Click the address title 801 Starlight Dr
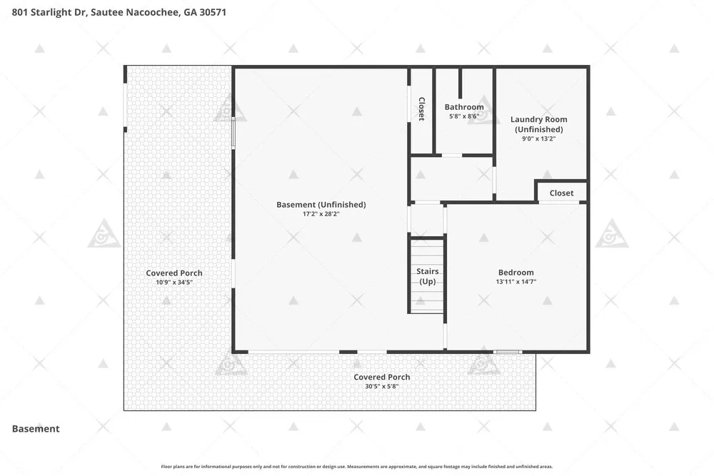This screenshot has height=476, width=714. [119, 12]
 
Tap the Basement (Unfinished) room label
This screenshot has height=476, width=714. [321, 205]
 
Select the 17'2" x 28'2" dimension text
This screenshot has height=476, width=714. [321, 214]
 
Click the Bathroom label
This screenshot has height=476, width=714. [464, 107]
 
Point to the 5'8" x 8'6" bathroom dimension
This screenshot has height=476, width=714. [464, 116]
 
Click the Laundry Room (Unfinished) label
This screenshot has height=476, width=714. [538, 124]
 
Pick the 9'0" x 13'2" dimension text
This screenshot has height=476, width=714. [538, 138]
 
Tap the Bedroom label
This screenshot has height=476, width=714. [516, 273]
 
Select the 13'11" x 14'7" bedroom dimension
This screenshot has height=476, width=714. [516, 282]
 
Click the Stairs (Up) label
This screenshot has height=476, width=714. [428, 276]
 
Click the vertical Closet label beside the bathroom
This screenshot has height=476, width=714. [422, 109]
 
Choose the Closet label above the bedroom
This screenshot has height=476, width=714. [561, 193]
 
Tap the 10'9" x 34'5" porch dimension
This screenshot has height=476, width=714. [174, 282]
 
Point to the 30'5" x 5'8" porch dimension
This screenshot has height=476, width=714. [381, 386]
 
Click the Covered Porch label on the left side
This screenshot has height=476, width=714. [174, 273]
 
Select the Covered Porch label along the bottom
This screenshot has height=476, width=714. [381, 377]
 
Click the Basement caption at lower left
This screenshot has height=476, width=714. [36, 429]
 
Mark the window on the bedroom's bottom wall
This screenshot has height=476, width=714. [508, 352]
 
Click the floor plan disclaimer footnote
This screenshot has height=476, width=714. [357, 467]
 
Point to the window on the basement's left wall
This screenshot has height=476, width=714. [233, 133]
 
